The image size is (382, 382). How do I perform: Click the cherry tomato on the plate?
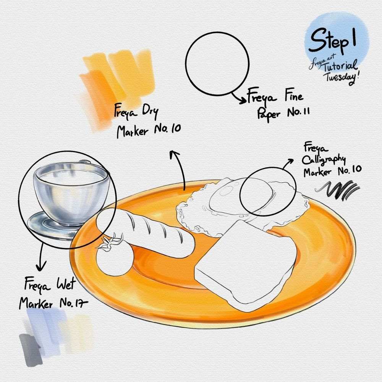(x=115, y=261)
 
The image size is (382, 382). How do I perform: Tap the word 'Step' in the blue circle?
(x=329, y=40)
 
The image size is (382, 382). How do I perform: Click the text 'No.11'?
(x=298, y=112)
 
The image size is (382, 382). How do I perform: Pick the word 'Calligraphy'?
(x=324, y=160)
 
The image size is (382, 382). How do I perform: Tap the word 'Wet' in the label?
(x=66, y=284)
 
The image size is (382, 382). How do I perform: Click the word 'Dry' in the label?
(x=150, y=112)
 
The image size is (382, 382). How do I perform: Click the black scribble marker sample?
(x=337, y=190)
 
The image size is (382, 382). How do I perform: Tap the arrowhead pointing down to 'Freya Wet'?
(x=41, y=267)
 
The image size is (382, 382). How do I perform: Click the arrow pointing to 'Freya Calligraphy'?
(x=288, y=163)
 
